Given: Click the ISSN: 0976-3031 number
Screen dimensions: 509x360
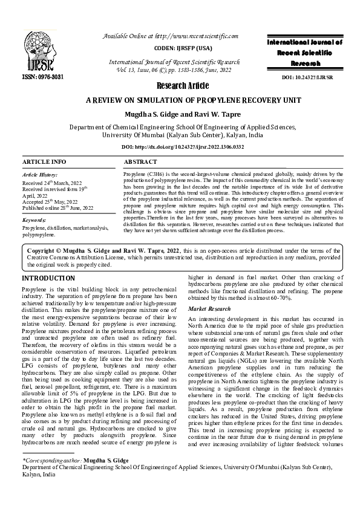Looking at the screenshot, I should tap(42, 77).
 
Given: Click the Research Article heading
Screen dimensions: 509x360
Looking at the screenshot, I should tap(180, 85).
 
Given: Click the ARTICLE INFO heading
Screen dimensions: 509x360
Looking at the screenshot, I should tap(44, 162).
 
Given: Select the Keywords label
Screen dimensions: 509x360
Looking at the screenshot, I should tap(34, 222).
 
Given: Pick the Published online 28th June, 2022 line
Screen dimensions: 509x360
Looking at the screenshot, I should tap(58, 208).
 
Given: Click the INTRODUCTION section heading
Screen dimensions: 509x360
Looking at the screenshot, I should tap(49, 278).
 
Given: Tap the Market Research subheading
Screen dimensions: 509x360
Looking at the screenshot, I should tap(209, 309).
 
